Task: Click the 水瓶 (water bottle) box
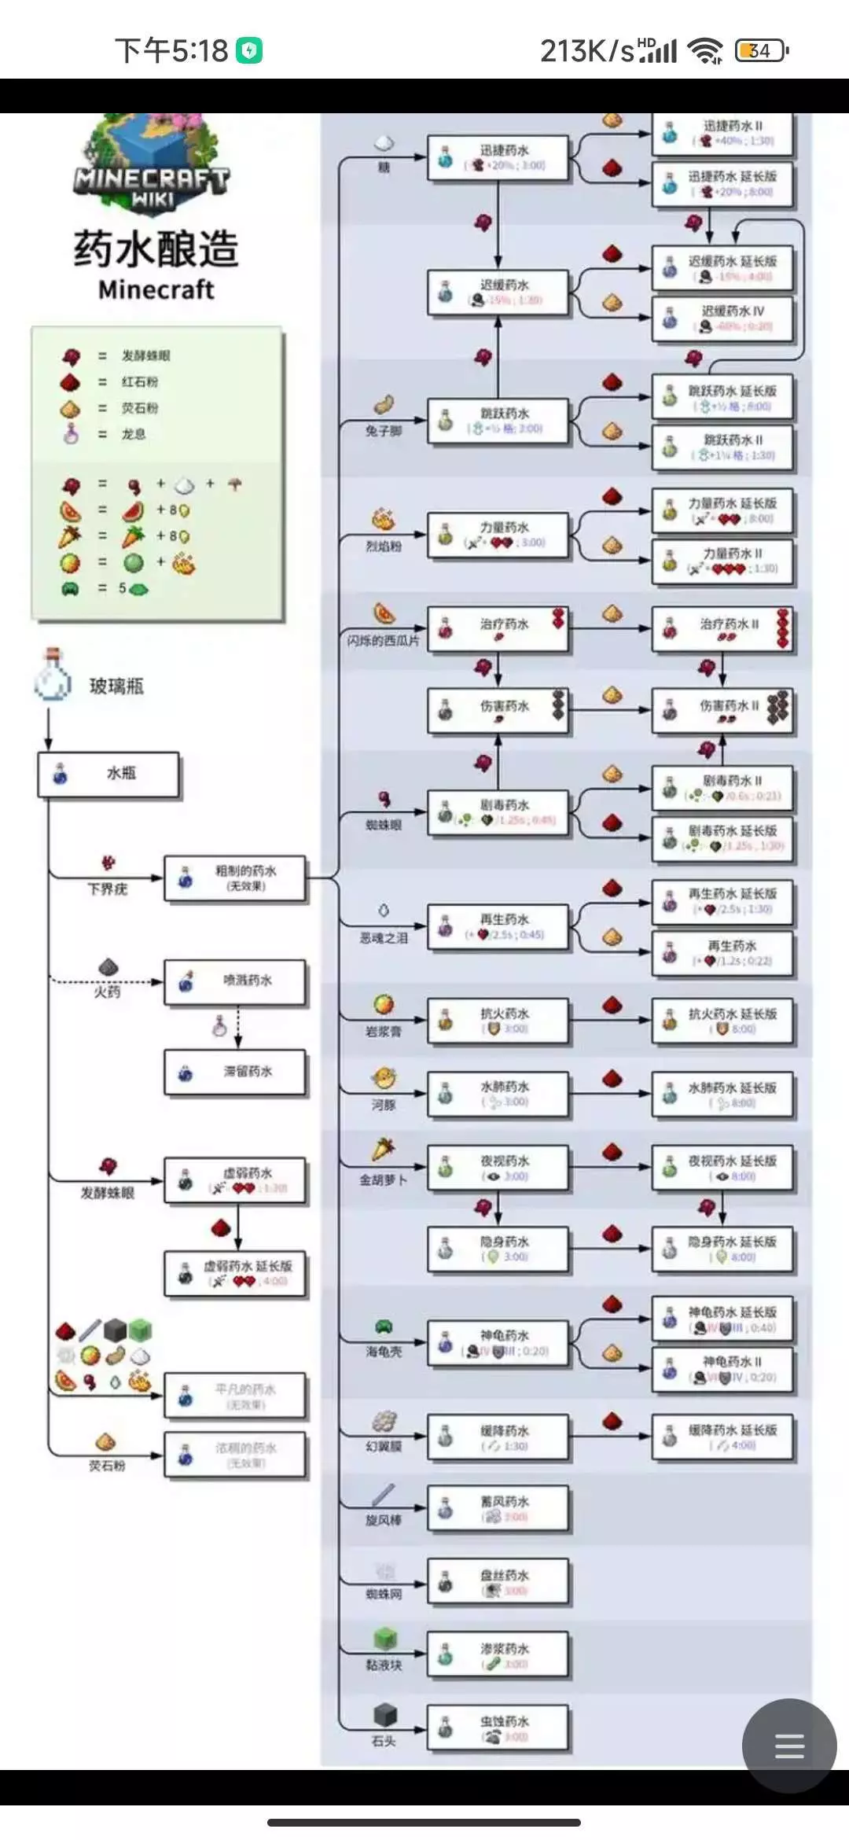(108, 775)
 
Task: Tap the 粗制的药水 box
(234, 878)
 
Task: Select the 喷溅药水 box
(234, 981)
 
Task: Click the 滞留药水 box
(234, 1072)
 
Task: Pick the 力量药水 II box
(722, 561)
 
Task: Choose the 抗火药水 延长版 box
(722, 1021)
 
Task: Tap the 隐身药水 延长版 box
(722, 1249)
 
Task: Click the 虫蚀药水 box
(497, 1728)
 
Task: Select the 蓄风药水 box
(497, 1507)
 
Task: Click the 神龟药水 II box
(722, 1368)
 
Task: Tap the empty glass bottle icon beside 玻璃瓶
(53, 678)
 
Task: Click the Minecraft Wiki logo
(153, 165)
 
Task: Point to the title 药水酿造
(156, 248)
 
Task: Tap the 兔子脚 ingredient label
(383, 431)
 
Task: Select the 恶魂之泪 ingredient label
(384, 938)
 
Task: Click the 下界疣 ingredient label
(107, 889)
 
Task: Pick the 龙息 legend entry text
(133, 434)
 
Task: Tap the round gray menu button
(788, 1746)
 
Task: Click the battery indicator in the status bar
(760, 51)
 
